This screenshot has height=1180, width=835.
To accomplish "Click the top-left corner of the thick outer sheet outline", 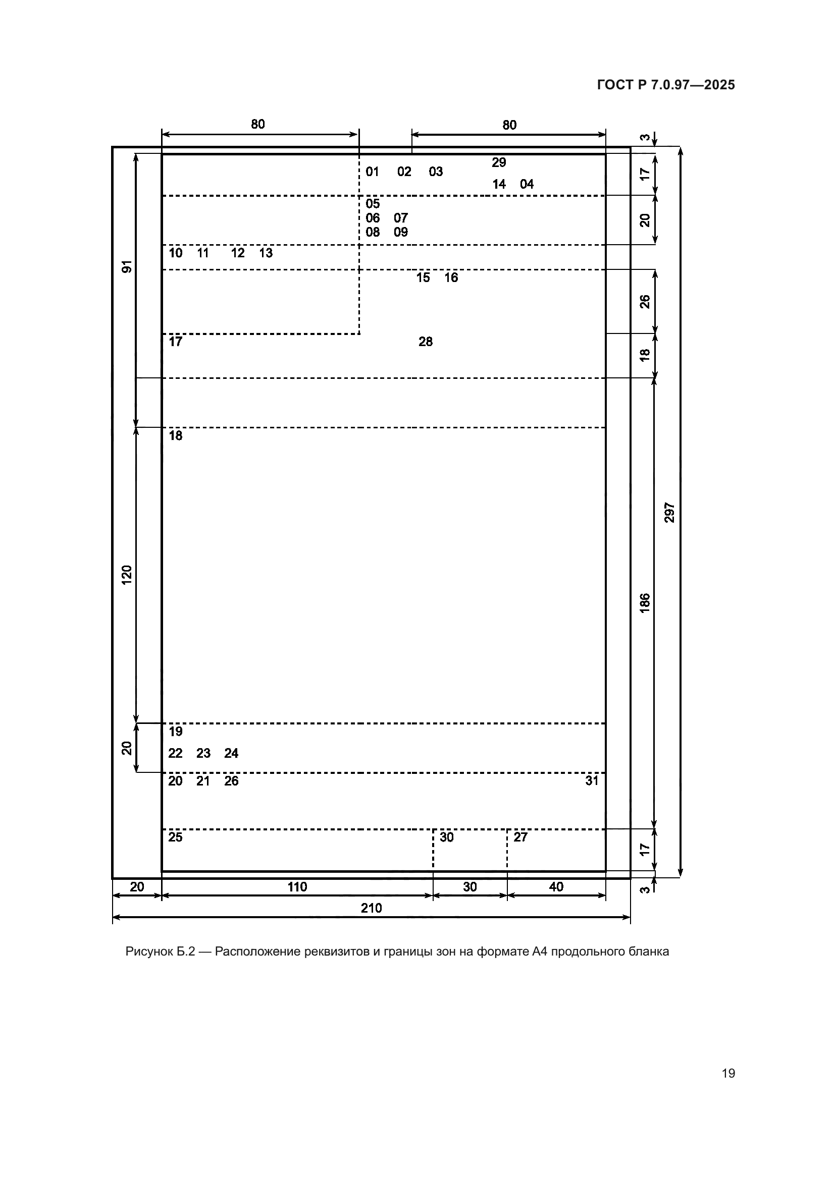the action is pos(113,147).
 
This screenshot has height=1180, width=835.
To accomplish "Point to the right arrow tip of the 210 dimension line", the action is pos(630,917).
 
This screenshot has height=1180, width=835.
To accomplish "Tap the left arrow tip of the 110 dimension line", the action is pos(163,896).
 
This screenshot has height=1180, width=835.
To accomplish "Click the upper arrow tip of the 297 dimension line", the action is pos(680,148).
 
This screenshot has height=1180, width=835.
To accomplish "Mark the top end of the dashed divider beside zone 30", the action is pos(433,829).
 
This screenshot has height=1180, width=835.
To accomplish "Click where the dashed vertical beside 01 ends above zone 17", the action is pos(359,334).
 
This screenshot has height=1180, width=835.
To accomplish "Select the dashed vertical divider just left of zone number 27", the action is pos(507,850).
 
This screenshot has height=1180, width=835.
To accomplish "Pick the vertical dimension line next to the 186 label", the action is pos(655,604).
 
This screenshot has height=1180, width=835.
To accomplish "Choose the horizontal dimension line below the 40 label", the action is pos(556,896).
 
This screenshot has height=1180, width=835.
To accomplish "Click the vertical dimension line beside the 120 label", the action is pos(136,575).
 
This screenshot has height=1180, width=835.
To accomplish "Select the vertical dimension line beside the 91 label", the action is pos(136,290).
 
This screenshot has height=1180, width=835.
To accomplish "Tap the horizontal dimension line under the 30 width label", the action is pos(470,896).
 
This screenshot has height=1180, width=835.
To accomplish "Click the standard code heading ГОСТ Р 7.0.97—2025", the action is pos(666,85).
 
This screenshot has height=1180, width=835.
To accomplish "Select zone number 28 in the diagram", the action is pos(426,342).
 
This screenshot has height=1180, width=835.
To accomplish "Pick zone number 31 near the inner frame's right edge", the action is pos(592,780).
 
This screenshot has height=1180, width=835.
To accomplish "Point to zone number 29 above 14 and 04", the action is pos(499,162).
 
